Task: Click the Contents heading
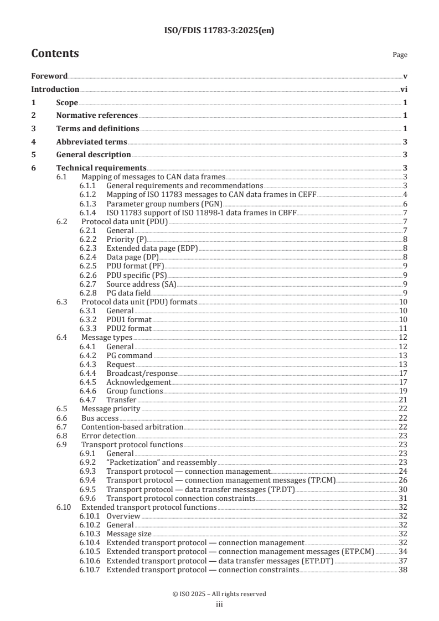click(55, 54)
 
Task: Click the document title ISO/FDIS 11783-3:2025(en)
click(219, 31)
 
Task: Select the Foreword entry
click(49, 76)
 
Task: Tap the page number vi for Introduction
click(404, 89)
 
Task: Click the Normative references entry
click(97, 115)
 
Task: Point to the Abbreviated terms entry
click(91, 142)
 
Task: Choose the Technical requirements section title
click(101, 168)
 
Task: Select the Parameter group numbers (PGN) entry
click(156, 204)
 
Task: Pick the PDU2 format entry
click(128, 329)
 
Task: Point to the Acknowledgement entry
click(138, 382)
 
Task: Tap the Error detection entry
click(100, 436)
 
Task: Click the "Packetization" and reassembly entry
click(161, 462)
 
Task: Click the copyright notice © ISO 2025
click(219, 594)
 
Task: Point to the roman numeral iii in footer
click(219, 604)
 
